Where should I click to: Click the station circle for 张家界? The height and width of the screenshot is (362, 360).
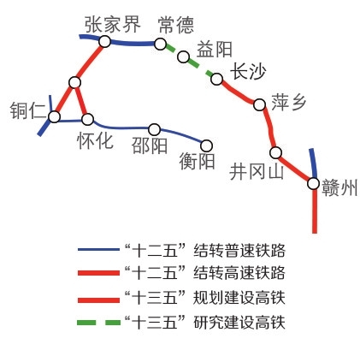[x=104, y=42]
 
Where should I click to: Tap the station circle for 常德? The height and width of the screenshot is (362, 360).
[x=160, y=44]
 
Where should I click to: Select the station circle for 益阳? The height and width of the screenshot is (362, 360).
[x=184, y=56]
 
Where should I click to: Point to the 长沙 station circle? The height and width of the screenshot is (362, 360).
[x=216, y=79]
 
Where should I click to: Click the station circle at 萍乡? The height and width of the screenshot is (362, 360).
[x=259, y=104]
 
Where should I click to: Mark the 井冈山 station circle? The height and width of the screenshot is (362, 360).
[x=275, y=152]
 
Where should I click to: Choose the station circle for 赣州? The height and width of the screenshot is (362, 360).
[x=313, y=183]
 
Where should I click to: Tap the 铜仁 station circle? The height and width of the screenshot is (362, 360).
[x=54, y=117]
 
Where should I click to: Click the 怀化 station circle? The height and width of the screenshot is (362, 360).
[x=87, y=119]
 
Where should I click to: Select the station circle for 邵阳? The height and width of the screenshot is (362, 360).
[x=155, y=129]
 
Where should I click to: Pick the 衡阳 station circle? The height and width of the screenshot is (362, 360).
[x=206, y=145]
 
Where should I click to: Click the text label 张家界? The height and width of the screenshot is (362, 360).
[x=113, y=24]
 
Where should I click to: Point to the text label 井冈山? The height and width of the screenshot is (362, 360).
[x=257, y=172]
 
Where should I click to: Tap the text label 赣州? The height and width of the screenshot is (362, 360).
[x=339, y=187]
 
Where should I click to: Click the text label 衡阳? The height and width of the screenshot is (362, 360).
[x=197, y=161]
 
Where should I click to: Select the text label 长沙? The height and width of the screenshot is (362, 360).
[x=249, y=71]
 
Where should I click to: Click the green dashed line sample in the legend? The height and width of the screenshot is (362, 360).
[x=99, y=323]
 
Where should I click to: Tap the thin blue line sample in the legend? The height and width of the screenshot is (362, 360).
[x=98, y=249]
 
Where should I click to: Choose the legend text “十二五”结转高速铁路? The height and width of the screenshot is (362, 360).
[x=205, y=273]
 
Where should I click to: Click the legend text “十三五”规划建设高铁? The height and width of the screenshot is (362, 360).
[x=205, y=298]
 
